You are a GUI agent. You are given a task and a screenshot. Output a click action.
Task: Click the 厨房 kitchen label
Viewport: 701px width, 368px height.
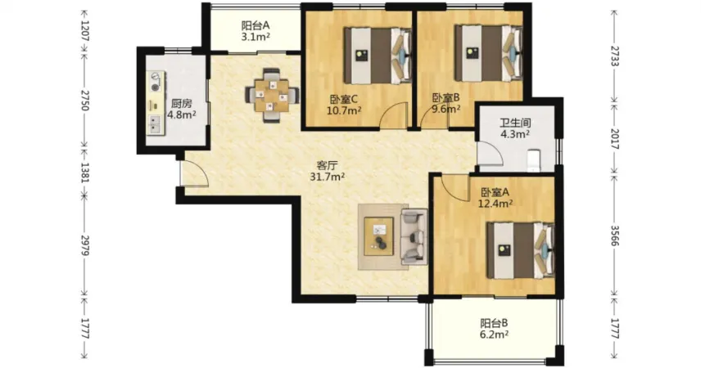click(181, 104)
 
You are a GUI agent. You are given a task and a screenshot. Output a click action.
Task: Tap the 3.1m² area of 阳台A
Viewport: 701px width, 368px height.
click(256, 37)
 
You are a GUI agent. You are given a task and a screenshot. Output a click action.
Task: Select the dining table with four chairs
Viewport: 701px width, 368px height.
click(272, 95)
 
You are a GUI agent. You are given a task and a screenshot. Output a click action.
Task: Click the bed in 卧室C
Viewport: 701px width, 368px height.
click(378, 56)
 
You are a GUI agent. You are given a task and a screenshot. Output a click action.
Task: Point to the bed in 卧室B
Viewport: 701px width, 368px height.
click(489, 53)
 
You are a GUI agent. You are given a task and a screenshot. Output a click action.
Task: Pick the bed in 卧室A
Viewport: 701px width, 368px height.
click(521, 250)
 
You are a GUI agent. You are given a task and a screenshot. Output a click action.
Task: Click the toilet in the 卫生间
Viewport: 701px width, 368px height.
click(534, 161)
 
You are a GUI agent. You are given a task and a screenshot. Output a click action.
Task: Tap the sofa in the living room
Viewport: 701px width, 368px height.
click(414, 236)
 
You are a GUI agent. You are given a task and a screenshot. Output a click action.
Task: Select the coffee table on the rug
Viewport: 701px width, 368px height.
click(379, 236)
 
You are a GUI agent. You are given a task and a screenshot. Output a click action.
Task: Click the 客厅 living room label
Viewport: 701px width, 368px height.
click(328, 166)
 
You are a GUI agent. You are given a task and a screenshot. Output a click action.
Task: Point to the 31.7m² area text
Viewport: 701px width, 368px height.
click(328, 177)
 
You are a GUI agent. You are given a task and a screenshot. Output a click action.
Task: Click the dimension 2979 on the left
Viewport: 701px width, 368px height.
click(85, 245)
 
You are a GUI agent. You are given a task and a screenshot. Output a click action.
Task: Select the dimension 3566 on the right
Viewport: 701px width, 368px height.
click(615, 236)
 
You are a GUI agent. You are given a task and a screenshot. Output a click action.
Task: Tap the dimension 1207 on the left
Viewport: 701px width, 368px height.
click(85, 31)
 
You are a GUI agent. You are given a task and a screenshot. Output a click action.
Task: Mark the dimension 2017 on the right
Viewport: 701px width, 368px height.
click(615, 139)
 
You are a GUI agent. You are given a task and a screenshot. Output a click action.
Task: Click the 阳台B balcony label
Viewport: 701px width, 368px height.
click(494, 323)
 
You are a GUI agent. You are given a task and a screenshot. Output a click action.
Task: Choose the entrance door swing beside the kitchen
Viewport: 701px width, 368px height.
click(194, 173)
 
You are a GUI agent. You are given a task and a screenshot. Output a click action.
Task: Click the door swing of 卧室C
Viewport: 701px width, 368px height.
click(394, 115)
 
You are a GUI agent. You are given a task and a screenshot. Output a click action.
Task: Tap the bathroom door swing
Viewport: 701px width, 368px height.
click(490, 154)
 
